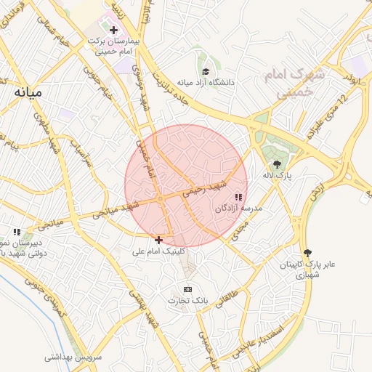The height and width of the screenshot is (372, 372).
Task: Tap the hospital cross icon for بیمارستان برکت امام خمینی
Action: point(113,30)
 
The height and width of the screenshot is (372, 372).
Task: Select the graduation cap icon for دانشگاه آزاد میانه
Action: point(206,71)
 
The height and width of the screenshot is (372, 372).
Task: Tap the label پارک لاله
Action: point(278,177)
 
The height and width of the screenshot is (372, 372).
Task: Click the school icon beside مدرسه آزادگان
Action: point(238,197)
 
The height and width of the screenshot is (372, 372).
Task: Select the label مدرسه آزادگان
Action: point(238,208)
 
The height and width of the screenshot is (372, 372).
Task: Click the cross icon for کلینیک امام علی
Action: point(158,239)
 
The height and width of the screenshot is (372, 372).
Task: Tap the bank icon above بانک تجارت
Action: point(188,288)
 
